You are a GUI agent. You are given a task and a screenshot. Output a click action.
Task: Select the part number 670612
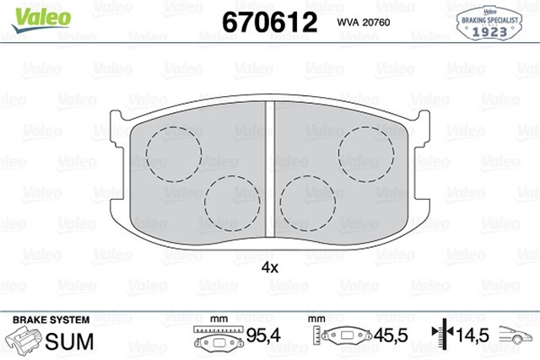tap(268, 22)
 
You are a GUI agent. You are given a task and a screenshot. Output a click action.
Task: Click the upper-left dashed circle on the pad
tap(173, 154)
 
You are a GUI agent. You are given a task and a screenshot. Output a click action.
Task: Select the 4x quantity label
tap(269, 267)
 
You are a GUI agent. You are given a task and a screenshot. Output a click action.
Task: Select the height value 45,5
tap(391, 336)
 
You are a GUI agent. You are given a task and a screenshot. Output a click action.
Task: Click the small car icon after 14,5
tap(517, 336)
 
